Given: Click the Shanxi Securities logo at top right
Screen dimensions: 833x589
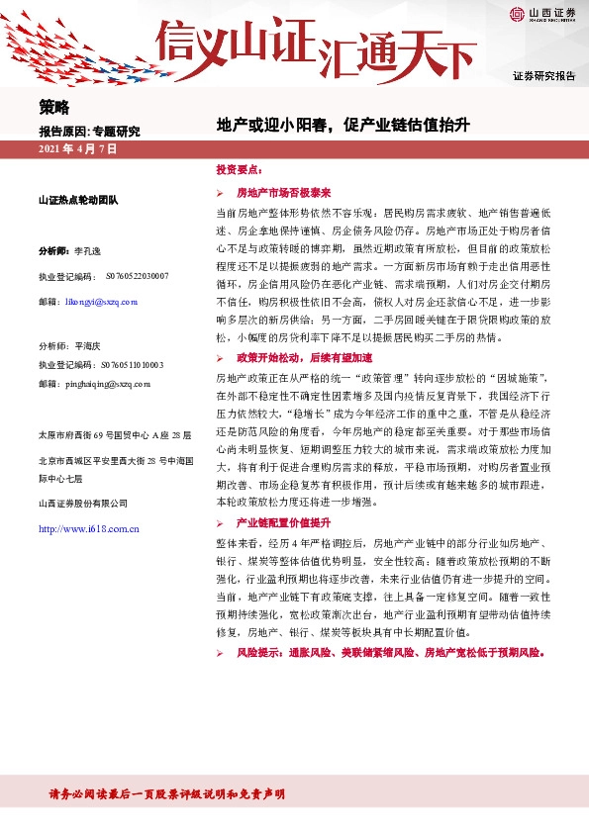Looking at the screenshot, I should point(541,14).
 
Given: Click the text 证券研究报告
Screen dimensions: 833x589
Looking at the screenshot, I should point(543,76).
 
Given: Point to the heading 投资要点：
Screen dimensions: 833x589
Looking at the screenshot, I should point(239,170).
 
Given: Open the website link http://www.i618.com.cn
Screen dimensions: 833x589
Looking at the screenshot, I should point(88,529).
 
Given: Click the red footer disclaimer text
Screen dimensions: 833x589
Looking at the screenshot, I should point(168,793).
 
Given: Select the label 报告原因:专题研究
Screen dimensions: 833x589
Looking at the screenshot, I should point(89,132).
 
